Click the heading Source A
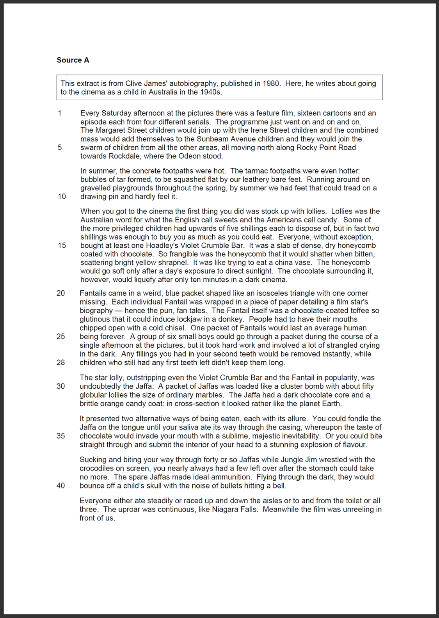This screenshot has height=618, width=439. (x=73, y=60)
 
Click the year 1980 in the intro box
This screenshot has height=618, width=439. (x=271, y=83)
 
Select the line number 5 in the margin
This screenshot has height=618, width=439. (x=60, y=147)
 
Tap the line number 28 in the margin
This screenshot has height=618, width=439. (x=60, y=362)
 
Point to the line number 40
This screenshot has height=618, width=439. (x=60, y=486)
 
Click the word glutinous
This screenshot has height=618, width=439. (x=95, y=319)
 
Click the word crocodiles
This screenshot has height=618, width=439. (x=97, y=468)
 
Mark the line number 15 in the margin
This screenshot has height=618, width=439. (x=62, y=245)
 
